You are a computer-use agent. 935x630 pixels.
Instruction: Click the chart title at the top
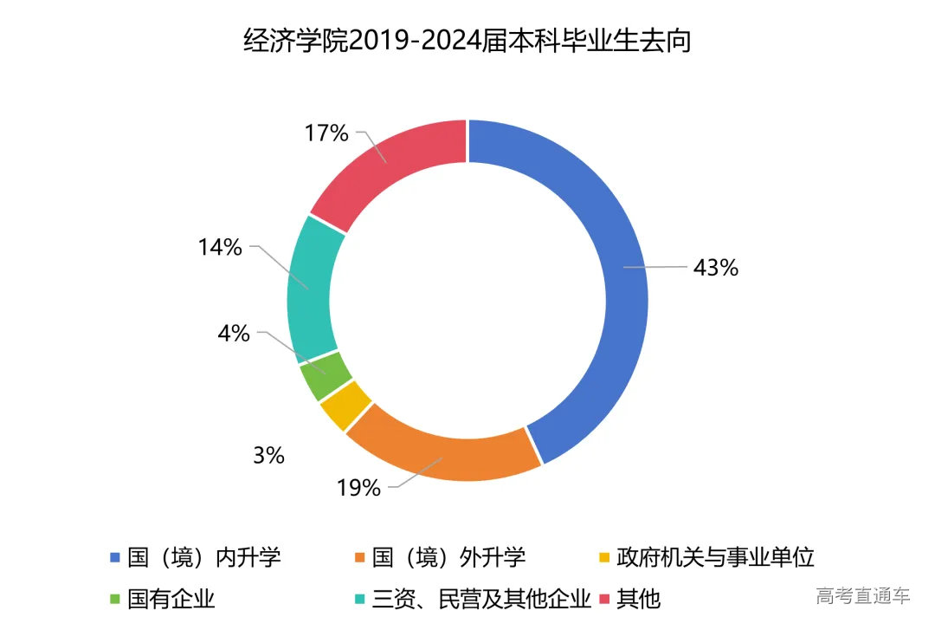467,41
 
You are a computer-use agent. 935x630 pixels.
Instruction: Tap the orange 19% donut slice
442,455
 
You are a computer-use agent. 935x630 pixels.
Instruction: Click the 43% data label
715,269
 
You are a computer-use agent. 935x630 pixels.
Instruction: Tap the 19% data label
358,489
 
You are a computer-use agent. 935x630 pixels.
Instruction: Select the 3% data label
270,456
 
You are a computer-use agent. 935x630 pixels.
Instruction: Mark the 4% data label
235,334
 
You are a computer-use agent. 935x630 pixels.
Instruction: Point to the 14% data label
220,248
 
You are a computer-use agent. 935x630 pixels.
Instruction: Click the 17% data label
326,133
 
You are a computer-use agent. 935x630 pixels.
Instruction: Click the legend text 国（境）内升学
204,556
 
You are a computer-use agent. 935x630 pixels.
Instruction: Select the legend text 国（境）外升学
448,556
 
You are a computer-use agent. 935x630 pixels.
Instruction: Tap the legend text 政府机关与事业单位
715,556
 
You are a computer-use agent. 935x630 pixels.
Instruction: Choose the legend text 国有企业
171,599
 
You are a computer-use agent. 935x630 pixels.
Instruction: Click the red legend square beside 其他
605,600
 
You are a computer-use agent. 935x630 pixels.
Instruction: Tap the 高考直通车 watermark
862,595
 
